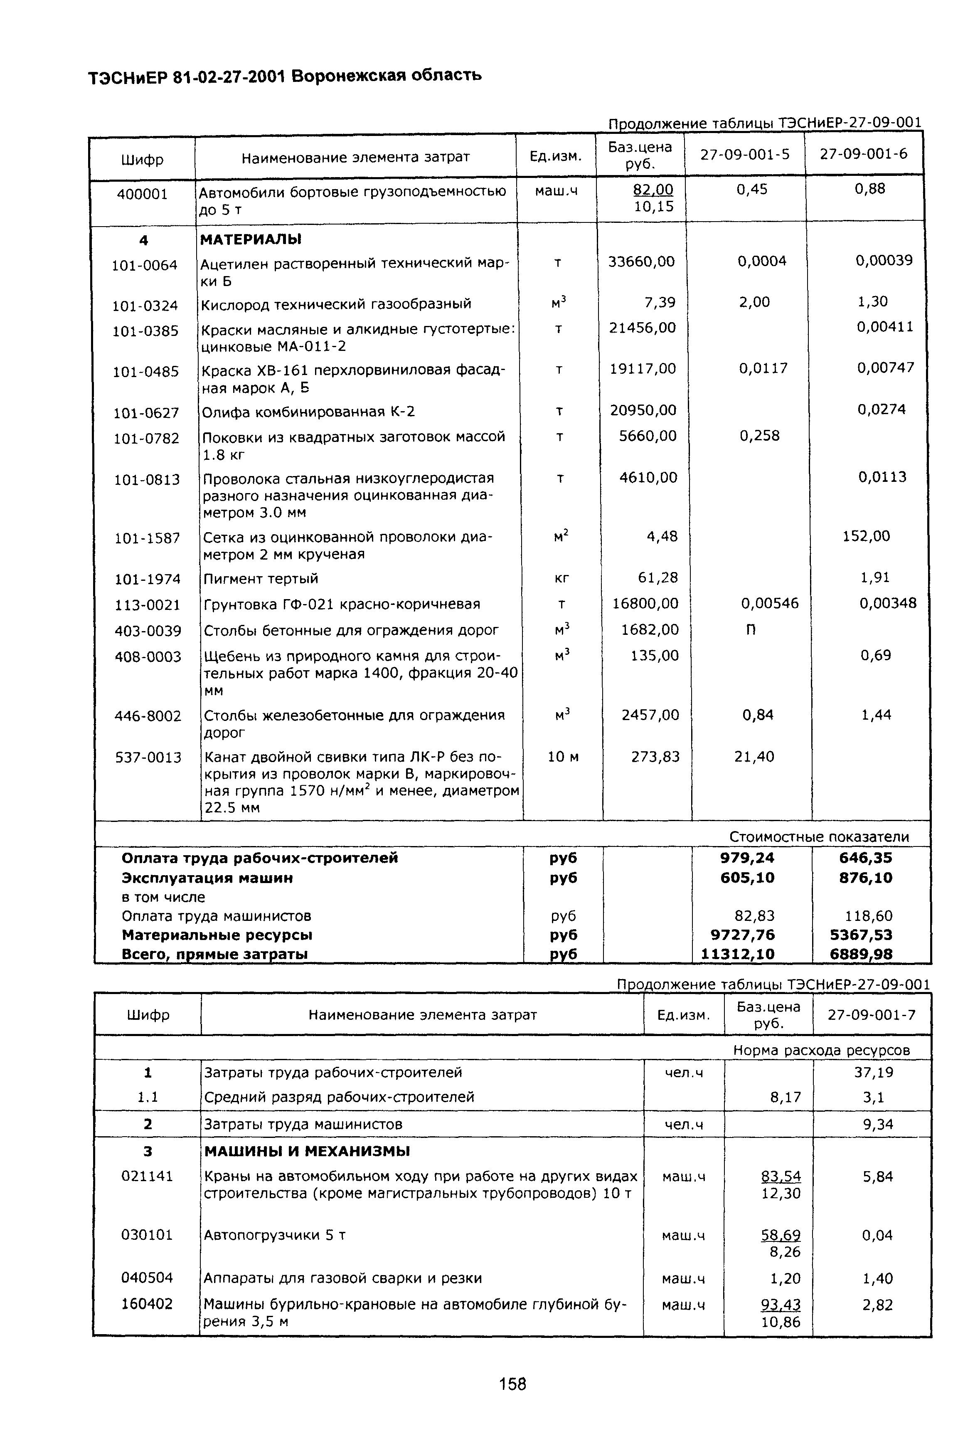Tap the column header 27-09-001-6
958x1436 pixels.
tap(863, 154)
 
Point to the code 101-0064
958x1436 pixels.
tap(144, 265)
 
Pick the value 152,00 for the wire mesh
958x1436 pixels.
tap(866, 536)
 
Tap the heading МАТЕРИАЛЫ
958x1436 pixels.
tap(251, 239)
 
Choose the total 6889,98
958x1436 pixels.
tap(865, 954)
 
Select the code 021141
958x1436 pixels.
tap(147, 1176)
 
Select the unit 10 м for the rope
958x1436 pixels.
tap(563, 757)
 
